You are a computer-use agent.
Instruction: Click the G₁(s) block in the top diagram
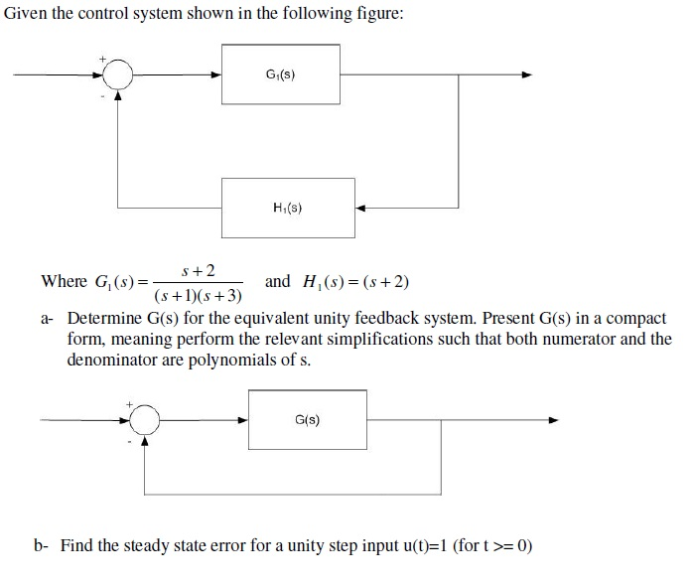pyautogui.click(x=281, y=74)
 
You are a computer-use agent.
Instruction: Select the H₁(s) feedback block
pyautogui.click(x=287, y=208)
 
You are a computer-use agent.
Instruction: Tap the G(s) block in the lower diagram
pyautogui.click(x=307, y=420)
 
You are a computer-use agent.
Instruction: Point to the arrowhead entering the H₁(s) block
pyautogui.click(x=360, y=209)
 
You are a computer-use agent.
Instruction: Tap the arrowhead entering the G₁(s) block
pyautogui.click(x=216, y=74)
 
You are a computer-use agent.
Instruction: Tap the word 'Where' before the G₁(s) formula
pyautogui.click(x=64, y=282)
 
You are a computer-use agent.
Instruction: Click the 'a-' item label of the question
pyautogui.click(x=48, y=320)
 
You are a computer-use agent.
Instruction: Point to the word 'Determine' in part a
pyautogui.click(x=102, y=320)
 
